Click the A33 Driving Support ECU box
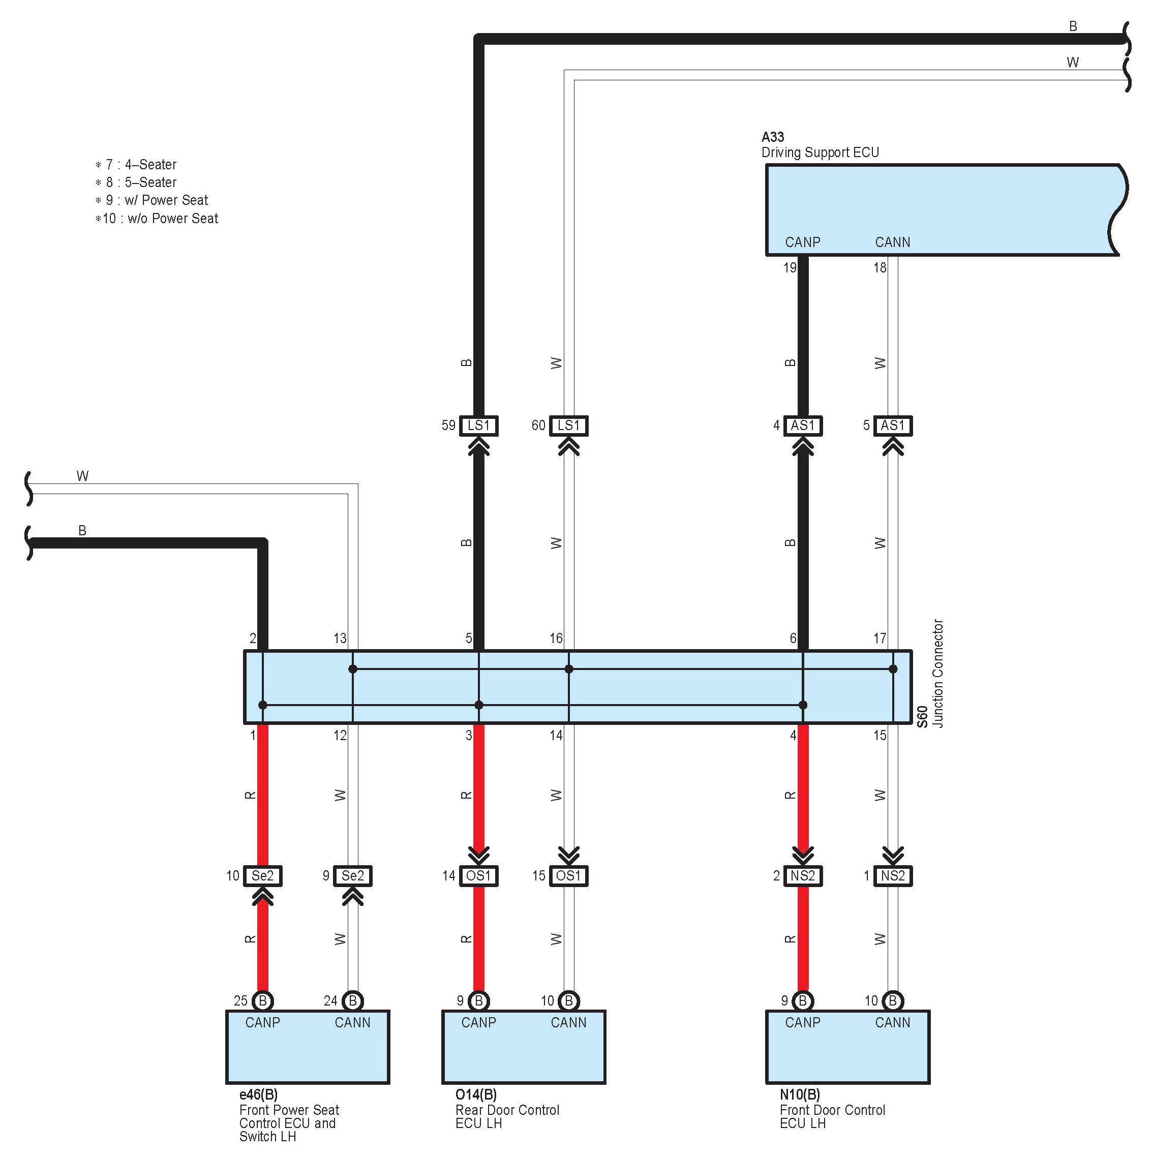point(940,209)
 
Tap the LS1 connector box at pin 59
point(478,426)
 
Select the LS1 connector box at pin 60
point(568,426)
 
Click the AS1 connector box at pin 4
point(802,426)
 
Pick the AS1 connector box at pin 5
point(892,426)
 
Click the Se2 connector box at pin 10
point(262,876)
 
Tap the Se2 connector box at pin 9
point(352,876)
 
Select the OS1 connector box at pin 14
point(478,876)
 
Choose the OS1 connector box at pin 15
point(568,876)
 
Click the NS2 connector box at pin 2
point(802,876)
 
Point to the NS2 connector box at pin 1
point(892,876)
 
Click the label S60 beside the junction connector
point(923,717)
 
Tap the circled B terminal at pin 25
point(262,1001)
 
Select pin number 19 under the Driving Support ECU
point(790,268)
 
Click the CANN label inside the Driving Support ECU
point(892,242)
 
